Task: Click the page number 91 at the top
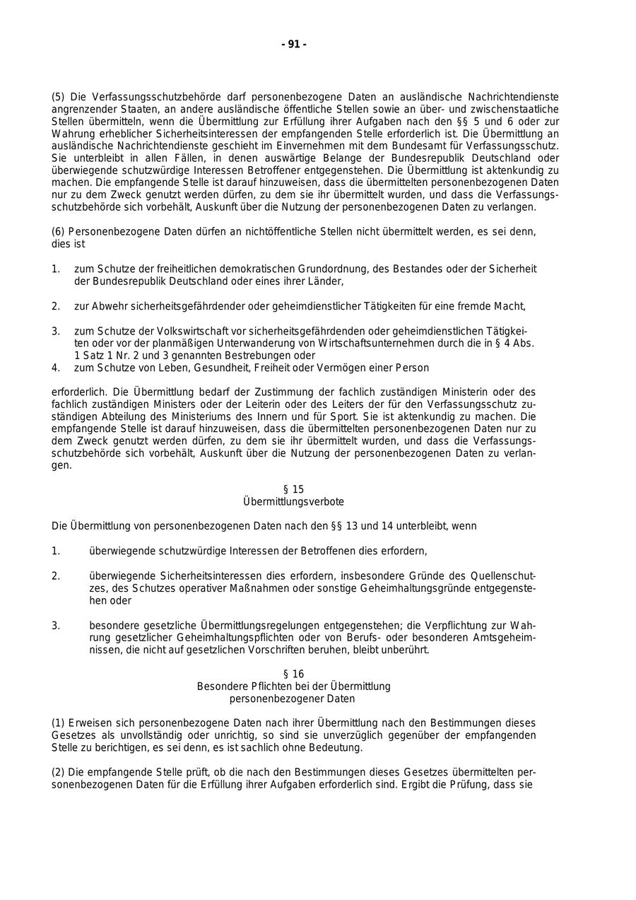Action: pos(293,45)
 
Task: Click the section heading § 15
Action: pos(293,489)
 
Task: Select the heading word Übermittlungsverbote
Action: pos(293,501)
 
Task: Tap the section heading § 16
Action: pos(293,674)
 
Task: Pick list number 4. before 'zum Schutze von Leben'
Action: pos(56,368)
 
